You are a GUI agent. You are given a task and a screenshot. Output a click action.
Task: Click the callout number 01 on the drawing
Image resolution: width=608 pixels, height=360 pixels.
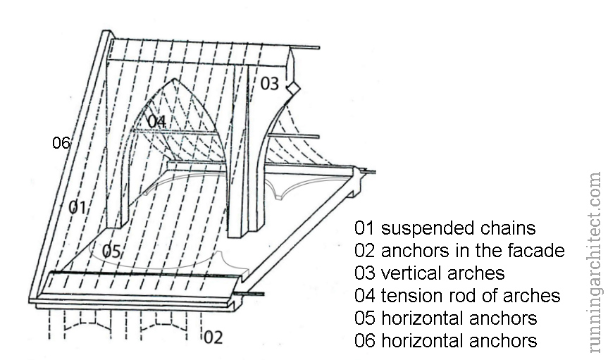tap(77, 207)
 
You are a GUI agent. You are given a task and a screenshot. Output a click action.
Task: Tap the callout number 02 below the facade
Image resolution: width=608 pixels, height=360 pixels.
tap(213, 337)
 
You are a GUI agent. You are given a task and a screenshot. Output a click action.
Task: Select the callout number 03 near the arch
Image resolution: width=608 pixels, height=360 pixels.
tap(270, 83)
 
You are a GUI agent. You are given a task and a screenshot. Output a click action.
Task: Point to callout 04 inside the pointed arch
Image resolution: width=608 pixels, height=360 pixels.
tap(156, 121)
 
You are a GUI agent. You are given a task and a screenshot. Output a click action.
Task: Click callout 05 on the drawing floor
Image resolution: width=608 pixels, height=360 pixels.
tap(111, 251)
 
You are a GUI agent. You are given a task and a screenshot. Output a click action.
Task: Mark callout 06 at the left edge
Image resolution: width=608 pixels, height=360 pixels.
tap(61, 143)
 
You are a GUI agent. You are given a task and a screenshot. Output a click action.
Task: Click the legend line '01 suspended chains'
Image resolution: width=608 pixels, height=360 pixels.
tap(445, 228)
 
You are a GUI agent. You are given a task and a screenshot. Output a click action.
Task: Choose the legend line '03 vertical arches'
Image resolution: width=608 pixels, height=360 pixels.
tap(430, 273)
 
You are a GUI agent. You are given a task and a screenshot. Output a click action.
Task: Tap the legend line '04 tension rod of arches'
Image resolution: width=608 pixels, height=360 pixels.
tap(458, 296)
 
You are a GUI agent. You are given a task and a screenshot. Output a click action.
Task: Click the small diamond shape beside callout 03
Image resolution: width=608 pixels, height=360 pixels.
tap(292, 87)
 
